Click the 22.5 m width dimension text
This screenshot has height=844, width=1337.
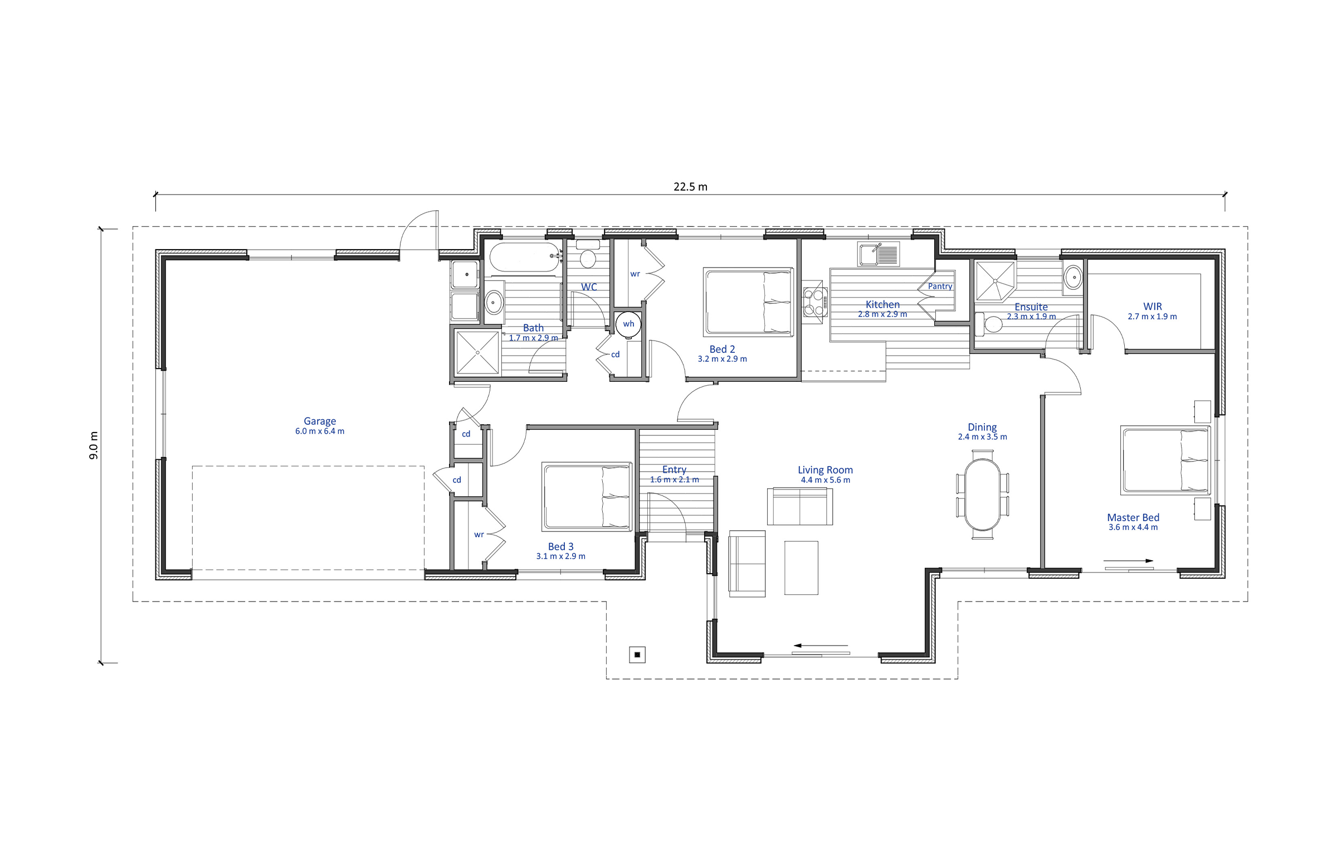click(x=690, y=187)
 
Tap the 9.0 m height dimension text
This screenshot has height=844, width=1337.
click(x=94, y=445)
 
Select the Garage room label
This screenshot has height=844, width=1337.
click(x=320, y=421)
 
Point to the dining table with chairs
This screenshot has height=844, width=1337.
click(x=983, y=494)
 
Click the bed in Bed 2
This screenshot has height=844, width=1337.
click(x=748, y=302)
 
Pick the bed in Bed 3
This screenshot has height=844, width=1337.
click(x=587, y=496)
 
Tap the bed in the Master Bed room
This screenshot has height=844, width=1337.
click(x=1165, y=460)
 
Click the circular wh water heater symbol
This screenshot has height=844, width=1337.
click(x=628, y=324)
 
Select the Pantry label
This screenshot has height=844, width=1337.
click(x=940, y=286)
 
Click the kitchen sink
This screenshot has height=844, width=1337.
click(x=878, y=254)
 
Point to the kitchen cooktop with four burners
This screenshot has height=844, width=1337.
click(x=814, y=302)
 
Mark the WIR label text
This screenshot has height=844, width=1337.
click(x=1153, y=306)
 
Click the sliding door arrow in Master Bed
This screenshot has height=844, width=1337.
click(x=1128, y=561)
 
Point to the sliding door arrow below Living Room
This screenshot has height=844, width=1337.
click(x=820, y=646)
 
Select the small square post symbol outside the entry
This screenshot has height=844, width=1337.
click(x=637, y=654)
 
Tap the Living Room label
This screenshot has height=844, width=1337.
click(x=825, y=470)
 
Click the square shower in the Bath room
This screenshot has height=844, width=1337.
click(x=477, y=352)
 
